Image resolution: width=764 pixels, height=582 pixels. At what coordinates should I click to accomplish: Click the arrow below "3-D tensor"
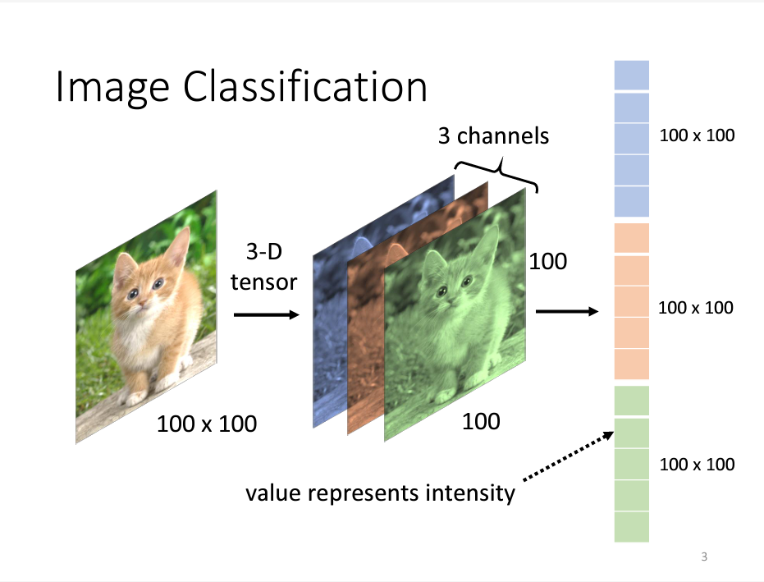pyautogui.click(x=267, y=314)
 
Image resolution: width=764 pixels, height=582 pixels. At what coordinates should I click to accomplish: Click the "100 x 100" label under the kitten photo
pyautogui.click(x=207, y=424)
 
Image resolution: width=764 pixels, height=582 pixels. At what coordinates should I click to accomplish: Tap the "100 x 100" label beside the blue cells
pyautogui.click(x=697, y=135)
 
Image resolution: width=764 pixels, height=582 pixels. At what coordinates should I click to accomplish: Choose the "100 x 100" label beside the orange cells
pyautogui.click(x=697, y=307)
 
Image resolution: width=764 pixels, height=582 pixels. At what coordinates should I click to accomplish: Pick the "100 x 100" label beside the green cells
pyautogui.click(x=697, y=465)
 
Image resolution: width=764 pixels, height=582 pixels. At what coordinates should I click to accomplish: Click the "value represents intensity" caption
pyautogui.click(x=381, y=493)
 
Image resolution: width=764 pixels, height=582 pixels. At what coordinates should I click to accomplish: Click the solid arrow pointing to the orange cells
pyautogui.click(x=566, y=312)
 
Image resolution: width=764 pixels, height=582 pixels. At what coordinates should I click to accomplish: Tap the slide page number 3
pyautogui.click(x=704, y=558)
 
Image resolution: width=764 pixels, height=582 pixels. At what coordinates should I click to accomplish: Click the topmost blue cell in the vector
pyautogui.click(x=631, y=75)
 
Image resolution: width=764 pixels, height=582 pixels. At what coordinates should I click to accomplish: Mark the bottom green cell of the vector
pyautogui.click(x=631, y=526)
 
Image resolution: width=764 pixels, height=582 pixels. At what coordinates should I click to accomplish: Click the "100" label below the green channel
pyautogui.click(x=481, y=421)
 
